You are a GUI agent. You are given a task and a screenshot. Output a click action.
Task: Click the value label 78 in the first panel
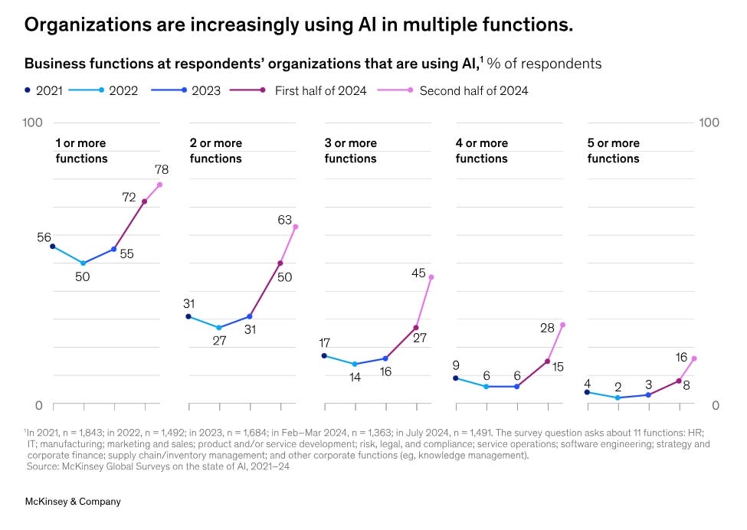pyautogui.click(x=162, y=169)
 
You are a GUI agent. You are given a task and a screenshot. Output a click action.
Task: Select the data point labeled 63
pyautogui.click(x=296, y=226)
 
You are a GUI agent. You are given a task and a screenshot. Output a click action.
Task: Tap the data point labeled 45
pyautogui.click(x=431, y=276)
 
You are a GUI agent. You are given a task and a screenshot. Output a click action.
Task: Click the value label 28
pyautogui.click(x=547, y=328)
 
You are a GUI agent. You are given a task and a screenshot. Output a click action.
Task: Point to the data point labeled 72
pyautogui.click(x=144, y=201)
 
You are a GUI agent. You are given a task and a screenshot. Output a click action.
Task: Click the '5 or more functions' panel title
pyautogui.click(x=613, y=151)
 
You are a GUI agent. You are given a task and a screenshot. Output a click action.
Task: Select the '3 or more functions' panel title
pyautogui.click(x=350, y=151)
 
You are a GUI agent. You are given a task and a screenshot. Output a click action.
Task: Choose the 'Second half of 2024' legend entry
pyautogui.click(x=464, y=90)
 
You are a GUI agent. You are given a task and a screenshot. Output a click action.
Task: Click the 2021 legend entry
pyautogui.click(x=44, y=90)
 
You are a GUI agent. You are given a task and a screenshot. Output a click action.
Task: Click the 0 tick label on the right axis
pyautogui.click(x=715, y=404)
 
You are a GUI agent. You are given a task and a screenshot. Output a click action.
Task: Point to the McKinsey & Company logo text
pyautogui.click(x=73, y=502)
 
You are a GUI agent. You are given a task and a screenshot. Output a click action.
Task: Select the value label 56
pyautogui.click(x=44, y=237)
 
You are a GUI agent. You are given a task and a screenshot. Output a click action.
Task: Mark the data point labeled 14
pyautogui.click(x=355, y=364)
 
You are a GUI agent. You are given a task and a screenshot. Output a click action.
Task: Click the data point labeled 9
pyautogui.click(x=456, y=378)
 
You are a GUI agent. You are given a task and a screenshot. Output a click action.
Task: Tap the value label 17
pyautogui.click(x=324, y=342)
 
